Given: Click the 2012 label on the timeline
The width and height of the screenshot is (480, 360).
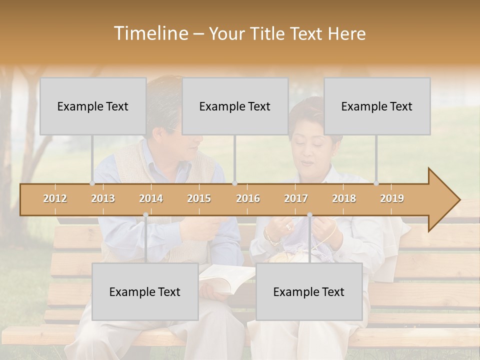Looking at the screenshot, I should tap(55, 198).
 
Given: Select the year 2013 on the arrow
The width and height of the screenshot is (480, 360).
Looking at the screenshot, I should tap(103, 198).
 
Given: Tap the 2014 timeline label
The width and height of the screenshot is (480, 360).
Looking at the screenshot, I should tap(151, 198).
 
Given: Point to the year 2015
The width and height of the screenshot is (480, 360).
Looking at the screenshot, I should tap(199, 198).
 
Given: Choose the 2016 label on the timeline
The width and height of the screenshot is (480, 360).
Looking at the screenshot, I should tap(248, 198).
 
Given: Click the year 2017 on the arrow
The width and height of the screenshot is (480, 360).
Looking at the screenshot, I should tap(296, 198).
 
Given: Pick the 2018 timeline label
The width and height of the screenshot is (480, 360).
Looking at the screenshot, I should tap(344, 198).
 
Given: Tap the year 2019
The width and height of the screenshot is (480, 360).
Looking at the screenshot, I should tap(392, 198).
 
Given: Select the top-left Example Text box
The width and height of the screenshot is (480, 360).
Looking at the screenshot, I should tap(93, 106).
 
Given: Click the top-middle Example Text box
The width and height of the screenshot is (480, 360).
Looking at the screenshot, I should tap(235, 106).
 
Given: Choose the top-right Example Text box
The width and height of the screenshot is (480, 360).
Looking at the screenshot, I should tap(377, 106).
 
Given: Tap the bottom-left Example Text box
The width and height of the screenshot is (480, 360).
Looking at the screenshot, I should tap(145, 291).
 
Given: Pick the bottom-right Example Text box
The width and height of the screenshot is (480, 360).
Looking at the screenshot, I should tap(309, 291).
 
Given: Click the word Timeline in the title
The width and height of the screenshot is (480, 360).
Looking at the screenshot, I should tap(150, 33).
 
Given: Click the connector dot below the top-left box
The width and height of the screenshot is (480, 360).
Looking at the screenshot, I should tap(92, 183).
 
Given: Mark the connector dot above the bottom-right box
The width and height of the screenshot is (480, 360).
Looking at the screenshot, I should tap(309, 215).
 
